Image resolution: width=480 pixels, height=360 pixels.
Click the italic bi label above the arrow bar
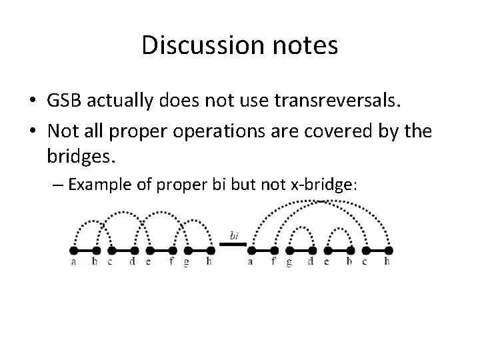click(x=234, y=235)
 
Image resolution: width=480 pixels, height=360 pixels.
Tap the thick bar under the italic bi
click(x=233, y=244)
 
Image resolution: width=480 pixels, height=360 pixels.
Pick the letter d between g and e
click(x=311, y=262)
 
